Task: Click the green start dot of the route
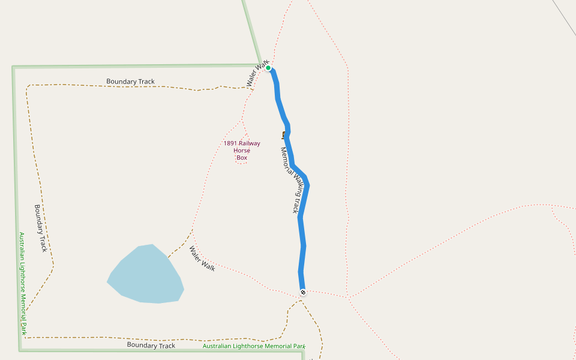268,68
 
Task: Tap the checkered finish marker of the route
303,292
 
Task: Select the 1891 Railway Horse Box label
242,151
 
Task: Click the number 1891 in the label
230,143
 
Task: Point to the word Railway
250,143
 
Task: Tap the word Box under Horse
242,158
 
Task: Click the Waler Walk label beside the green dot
257,73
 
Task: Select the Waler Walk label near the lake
202,259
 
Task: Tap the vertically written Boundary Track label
40,228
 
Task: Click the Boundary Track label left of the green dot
130,81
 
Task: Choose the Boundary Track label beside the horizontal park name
151,346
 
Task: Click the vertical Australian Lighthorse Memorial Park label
22,283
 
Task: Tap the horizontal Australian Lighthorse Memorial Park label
254,346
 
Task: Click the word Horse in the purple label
242,151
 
